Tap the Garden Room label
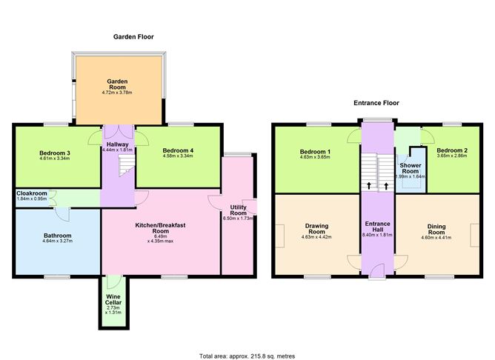click(118, 85)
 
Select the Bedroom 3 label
click(54, 153)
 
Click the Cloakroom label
click(31, 194)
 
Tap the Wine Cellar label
click(113, 296)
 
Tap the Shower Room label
click(410, 166)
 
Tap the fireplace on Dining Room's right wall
click(474, 236)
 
